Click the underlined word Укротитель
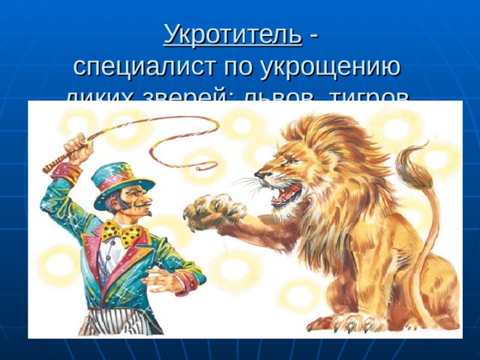232,34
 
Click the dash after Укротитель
312,34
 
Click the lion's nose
259,175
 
